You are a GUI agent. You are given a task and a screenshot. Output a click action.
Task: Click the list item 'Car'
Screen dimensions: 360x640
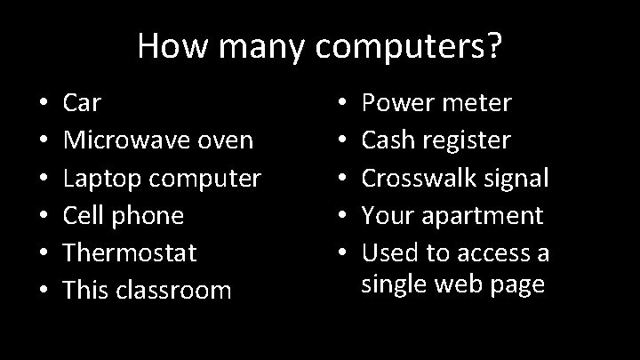(82, 103)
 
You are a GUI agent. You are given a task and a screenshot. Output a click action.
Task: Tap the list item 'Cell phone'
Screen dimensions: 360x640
(124, 215)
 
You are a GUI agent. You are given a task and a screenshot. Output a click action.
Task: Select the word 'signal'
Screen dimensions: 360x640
(516, 178)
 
